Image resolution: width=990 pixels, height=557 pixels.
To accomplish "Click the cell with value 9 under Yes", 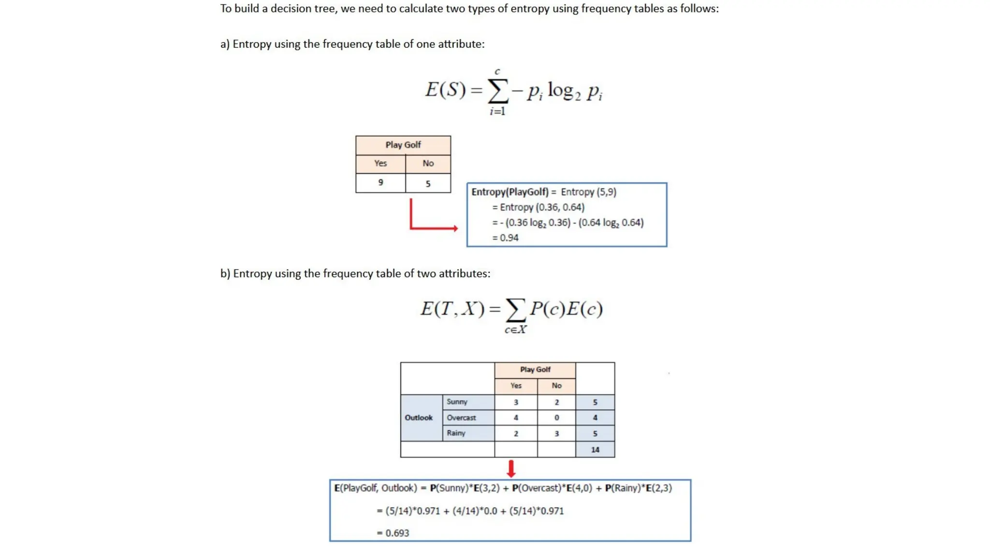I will pyautogui.click(x=380, y=183).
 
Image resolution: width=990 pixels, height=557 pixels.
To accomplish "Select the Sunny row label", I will pyautogui.click(x=457, y=402).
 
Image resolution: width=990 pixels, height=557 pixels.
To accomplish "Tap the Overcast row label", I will pyautogui.click(x=461, y=418).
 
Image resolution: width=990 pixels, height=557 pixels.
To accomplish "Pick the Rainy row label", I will pyautogui.click(x=456, y=433).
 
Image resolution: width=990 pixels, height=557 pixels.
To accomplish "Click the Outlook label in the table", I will pyautogui.click(x=419, y=418).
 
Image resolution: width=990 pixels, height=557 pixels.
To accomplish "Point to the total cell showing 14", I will pyautogui.click(x=595, y=450).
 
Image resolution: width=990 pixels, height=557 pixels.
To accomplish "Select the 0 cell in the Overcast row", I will pyautogui.click(x=556, y=418).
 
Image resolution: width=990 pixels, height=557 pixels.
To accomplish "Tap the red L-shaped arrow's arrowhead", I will pyautogui.click(x=455, y=228).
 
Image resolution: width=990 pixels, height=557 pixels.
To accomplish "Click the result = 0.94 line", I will pyautogui.click(x=506, y=238).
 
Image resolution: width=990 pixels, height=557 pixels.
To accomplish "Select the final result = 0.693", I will pyautogui.click(x=393, y=533).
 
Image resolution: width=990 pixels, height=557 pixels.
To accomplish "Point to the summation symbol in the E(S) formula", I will pyautogui.click(x=498, y=91).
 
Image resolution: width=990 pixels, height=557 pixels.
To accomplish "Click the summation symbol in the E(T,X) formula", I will pyautogui.click(x=515, y=310).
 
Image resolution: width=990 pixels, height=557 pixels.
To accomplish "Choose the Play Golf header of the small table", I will pyautogui.click(x=403, y=145).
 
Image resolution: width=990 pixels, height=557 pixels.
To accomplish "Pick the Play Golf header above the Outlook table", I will pyautogui.click(x=535, y=370).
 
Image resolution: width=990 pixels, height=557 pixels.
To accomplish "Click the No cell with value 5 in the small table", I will pyautogui.click(x=428, y=184).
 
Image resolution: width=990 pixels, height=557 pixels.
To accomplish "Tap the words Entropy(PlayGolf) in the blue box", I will pyautogui.click(x=510, y=192).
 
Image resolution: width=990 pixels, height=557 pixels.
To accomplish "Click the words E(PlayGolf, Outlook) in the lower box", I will pyautogui.click(x=375, y=488).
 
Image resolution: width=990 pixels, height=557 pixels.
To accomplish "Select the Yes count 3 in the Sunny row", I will pyautogui.click(x=516, y=402).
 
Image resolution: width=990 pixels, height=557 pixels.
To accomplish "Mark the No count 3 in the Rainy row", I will pyautogui.click(x=556, y=434).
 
